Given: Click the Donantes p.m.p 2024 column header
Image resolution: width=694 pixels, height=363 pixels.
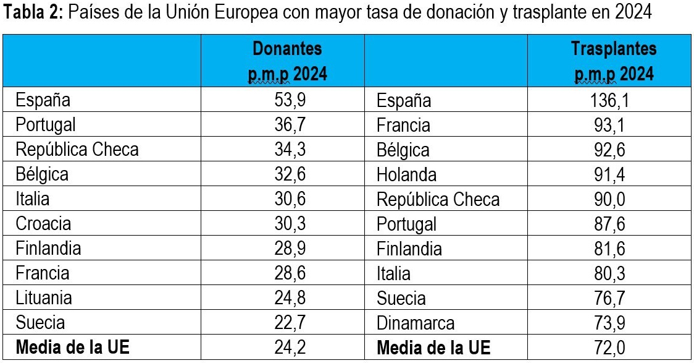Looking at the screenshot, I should [287, 61].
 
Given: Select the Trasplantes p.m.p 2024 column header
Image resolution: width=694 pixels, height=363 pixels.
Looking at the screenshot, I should [613, 61].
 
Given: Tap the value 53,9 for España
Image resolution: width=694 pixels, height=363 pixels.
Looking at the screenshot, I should [290, 100].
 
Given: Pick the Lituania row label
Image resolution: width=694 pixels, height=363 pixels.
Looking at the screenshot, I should [44, 297].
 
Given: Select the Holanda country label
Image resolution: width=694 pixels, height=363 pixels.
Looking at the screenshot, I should [406, 174].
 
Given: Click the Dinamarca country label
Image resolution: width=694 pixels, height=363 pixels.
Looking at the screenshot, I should [416, 323].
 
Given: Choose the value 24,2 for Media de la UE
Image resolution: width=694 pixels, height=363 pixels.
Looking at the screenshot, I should [290, 348].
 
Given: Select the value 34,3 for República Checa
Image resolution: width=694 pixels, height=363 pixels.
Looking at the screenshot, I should [290, 149].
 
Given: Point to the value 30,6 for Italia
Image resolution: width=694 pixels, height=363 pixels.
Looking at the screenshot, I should [290, 199].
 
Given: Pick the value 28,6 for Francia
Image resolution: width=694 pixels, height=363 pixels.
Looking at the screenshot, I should [290, 273].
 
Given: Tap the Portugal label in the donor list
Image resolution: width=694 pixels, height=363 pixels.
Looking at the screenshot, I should [46, 124].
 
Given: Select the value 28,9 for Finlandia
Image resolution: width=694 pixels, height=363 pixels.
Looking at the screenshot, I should [290, 248].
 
